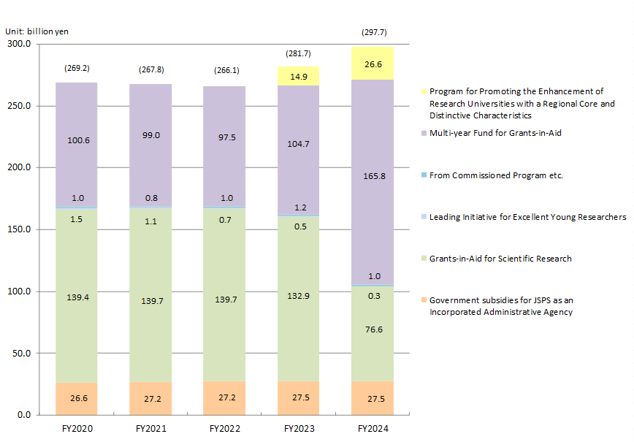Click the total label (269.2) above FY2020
click(x=77, y=69)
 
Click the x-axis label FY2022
click(x=224, y=428)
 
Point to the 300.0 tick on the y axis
click(x=18, y=44)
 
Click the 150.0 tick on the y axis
click(x=18, y=229)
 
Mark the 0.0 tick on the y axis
click(x=23, y=415)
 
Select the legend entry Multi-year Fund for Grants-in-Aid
click(x=495, y=133)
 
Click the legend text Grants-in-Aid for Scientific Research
click(x=500, y=259)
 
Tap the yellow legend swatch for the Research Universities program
click(x=423, y=92)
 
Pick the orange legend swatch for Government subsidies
click(x=423, y=300)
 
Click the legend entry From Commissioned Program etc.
click(x=496, y=175)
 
